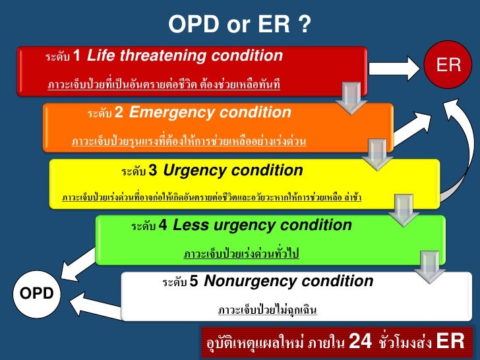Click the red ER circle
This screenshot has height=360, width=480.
[x=449, y=65]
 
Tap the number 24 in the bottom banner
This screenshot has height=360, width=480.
[x=360, y=342]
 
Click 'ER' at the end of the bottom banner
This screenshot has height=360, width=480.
[x=450, y=342]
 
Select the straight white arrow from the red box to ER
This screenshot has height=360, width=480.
[x=398, y=64]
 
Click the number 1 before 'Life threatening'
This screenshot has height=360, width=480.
[x=76, y=55]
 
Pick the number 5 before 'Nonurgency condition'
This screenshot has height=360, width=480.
[x=194, y=282]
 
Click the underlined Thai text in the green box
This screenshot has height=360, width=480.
[x=241, y=254]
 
